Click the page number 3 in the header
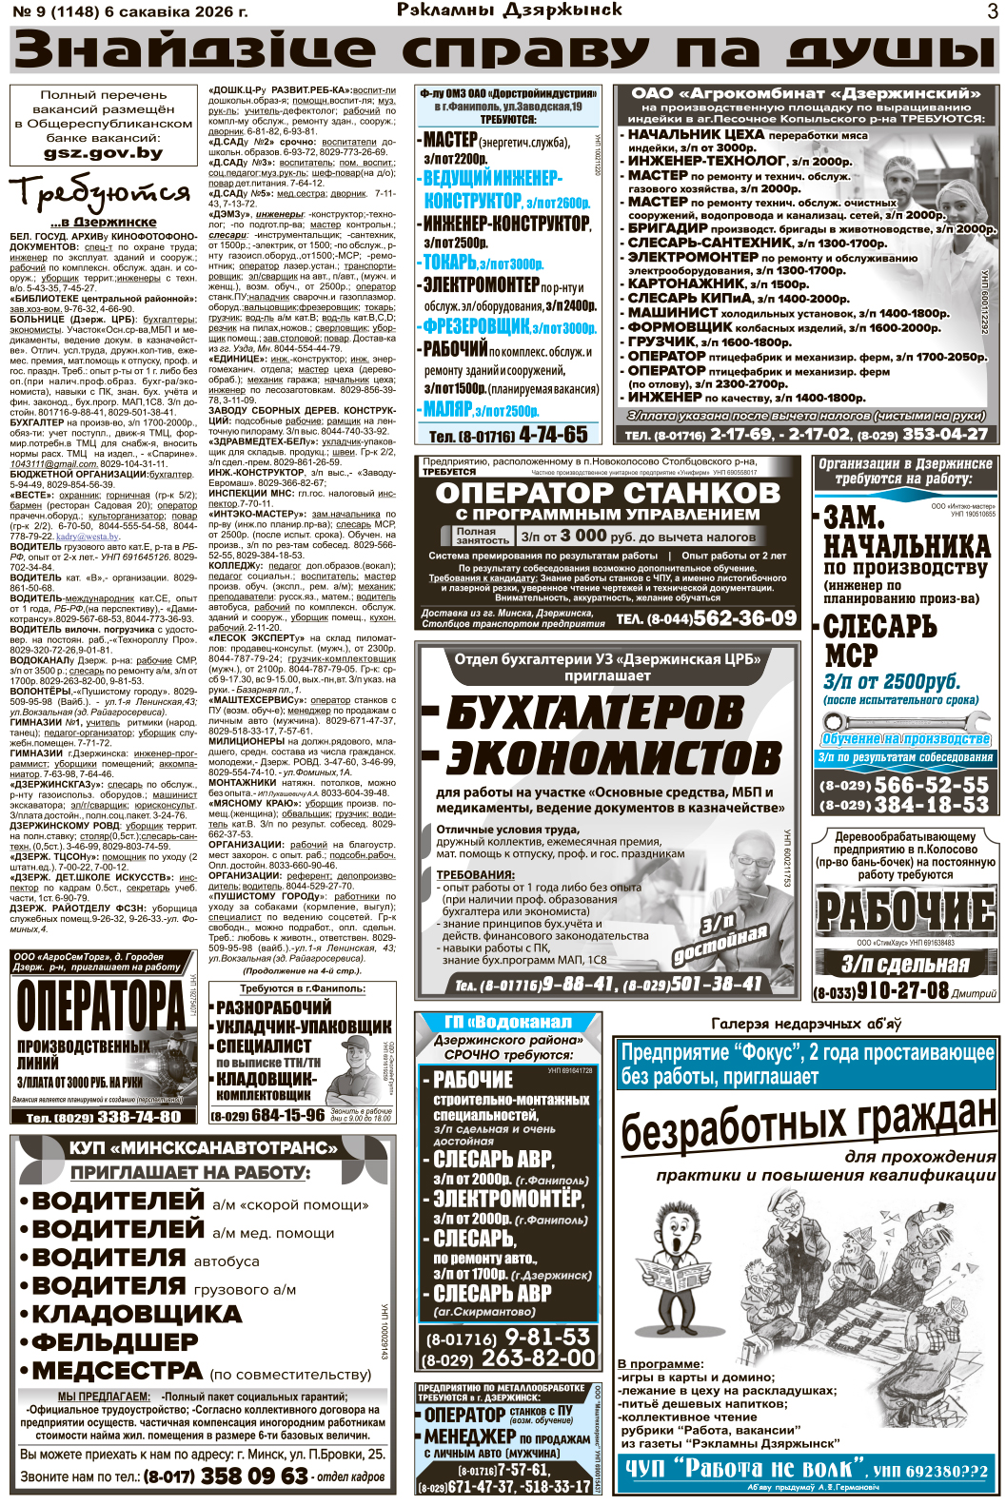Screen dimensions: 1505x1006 pyautogui.click(x=992, y=11)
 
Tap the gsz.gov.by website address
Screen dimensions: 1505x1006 pyautogui.click(x=103, y=152)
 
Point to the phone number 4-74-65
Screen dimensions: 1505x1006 pyautogui.click(x=550, y=435)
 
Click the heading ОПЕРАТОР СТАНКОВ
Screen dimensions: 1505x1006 pyautogui.click(x=607, y=493)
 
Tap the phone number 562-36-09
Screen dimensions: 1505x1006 pyautogui.click(x=744, y=618)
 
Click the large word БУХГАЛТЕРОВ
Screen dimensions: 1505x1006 pyautogui.click(x=595, y=713)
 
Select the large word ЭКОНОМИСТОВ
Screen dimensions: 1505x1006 pyautogui.click(x=614, y=759)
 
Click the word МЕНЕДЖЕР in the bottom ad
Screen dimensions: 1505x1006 pyautogui.click(x=469, y=1437)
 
